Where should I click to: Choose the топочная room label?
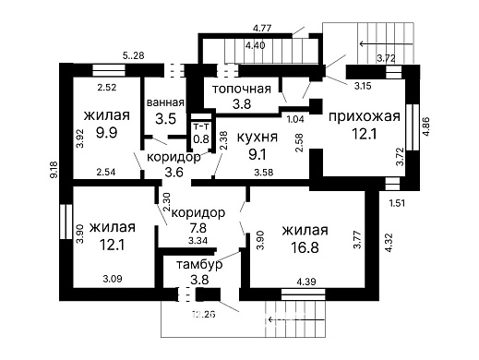tap(242, 89)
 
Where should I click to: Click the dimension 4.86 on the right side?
tap(426, 126)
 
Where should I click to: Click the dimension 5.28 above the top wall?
tap(134, 55)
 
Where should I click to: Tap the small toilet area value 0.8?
tap(200, 139)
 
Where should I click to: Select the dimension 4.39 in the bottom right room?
tap(305, 281)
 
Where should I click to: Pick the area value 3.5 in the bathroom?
tap(166, 119)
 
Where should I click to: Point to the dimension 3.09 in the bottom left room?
tap(113, 278)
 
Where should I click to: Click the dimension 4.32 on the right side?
tap(389, 243)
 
